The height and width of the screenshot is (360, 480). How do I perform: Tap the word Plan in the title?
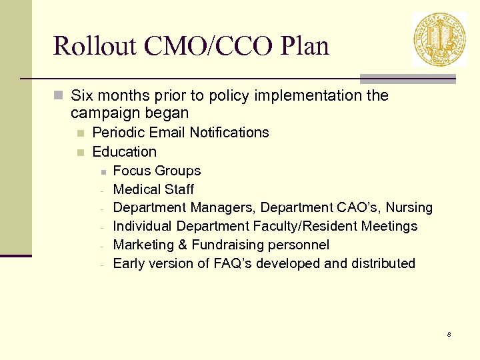(305, 47)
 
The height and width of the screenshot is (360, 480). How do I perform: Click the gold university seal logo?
(439, 39)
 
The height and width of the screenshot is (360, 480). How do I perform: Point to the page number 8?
(449, 334)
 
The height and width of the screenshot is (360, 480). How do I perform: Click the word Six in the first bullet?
(83, 95)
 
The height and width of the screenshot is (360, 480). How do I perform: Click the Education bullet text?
(124, 151)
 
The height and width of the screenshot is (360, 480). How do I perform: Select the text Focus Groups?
(157, 171)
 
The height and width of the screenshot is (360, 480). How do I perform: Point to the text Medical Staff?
(153, 189)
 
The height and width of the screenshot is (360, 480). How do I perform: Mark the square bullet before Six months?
(58, 95)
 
